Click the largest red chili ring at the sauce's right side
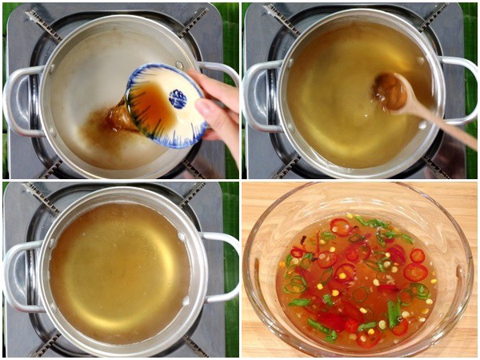[415, 272]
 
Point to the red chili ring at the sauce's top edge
[340, 225]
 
